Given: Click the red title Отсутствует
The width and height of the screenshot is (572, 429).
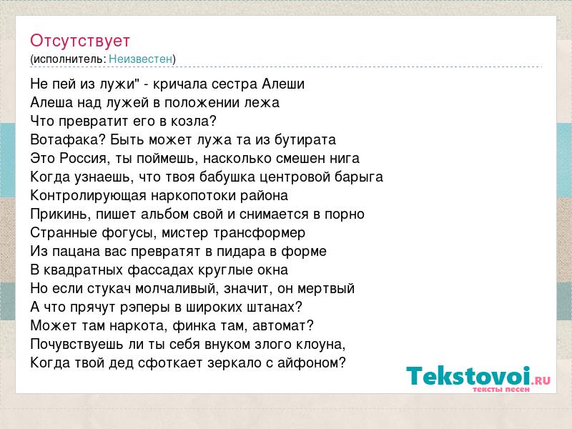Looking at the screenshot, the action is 80,41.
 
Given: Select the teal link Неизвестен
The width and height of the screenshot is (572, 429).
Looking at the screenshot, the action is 140,59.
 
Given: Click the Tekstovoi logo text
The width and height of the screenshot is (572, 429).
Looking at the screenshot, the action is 468,376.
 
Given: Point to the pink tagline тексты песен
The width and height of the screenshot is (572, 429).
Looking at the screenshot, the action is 501,389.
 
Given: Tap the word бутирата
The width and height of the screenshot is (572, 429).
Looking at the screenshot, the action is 305,139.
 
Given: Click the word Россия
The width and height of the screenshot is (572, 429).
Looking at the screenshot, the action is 83,158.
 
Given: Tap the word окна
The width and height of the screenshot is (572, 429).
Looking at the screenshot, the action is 272,270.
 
